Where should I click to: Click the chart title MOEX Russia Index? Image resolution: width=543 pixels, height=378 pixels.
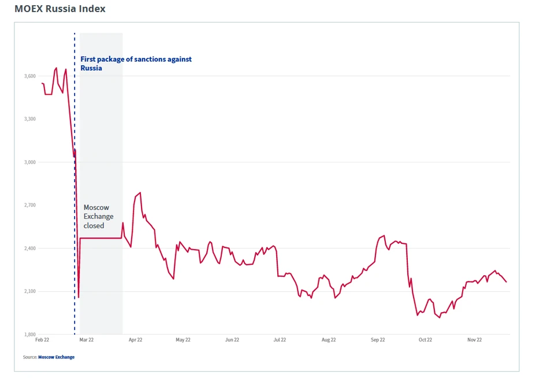tap(60, 9)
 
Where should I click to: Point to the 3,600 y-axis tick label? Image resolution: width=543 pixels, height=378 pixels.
tap(30, 76)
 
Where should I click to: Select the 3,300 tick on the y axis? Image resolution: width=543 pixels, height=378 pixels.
tap(30, 119)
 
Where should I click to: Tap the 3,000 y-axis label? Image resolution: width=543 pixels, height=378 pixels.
tap(30, 162)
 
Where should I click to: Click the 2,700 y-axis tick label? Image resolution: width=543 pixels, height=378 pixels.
tap(30, 205)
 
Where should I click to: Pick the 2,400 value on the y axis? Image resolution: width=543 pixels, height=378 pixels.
tap(30, 249)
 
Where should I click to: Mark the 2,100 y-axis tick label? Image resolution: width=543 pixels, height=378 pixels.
tap(30, 291)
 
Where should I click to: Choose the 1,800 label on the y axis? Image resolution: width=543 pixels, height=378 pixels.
tap(30, 335)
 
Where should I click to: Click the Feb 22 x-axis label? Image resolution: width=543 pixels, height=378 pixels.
tap(42, 340)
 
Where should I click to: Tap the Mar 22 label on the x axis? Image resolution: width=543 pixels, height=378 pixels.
tap(86, 340)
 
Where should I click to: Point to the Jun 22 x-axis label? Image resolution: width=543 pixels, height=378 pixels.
tap(232, 340)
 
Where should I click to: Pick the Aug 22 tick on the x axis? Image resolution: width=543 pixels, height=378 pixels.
tap(329, 340)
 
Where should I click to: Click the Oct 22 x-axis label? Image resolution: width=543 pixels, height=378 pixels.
tap(425, 340)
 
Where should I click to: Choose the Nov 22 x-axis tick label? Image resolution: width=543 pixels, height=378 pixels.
tap(474, 340)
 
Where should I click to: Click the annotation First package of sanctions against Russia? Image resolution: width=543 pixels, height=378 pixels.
tap(136, 64)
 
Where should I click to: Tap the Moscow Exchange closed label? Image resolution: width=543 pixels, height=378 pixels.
tap(98, 216)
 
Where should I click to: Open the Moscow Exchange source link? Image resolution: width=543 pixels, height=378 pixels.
tap(56, 357)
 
